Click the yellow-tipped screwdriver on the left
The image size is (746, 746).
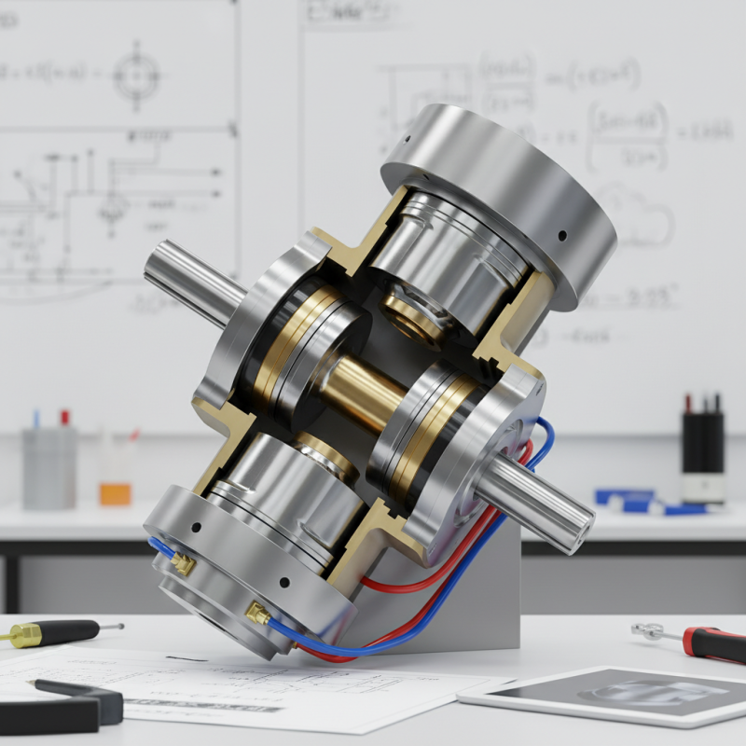click(47, 634)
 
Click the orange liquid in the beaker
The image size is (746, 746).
click(116, 492)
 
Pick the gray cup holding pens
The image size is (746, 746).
click(48, 466)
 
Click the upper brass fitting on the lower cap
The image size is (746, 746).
click(183, 562)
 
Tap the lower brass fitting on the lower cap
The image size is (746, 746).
click(256, 614)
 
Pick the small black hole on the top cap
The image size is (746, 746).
click(562, 234)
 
